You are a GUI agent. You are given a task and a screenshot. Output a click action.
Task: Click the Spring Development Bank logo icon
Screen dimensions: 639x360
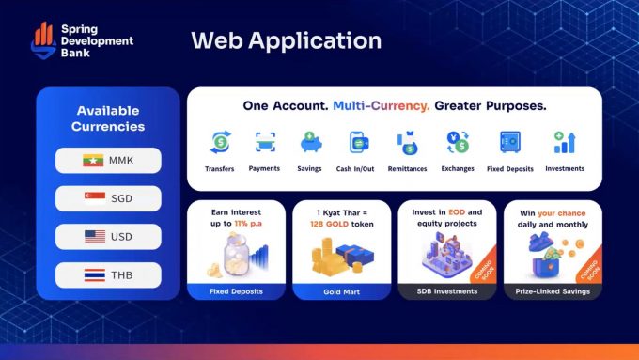pos(43,40)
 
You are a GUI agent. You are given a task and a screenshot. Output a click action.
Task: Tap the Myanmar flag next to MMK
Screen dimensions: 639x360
pos(93,160)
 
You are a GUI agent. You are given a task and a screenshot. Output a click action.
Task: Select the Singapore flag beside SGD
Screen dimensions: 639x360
pos(95,198)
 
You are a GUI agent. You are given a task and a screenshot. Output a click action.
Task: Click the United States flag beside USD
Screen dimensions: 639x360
pos(95,237)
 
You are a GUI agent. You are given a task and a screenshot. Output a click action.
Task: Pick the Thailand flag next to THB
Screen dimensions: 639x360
pos(95,275)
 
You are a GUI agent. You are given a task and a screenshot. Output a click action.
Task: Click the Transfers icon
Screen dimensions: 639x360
pos(221,142)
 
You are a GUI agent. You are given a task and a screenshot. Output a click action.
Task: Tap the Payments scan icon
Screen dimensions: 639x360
pos(265,142)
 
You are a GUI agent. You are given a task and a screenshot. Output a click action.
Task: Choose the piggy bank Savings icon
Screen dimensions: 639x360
pos(311,142)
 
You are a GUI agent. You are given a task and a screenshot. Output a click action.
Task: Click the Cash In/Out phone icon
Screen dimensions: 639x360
pos(359,142)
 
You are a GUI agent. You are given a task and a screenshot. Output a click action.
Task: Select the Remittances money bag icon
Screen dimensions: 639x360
pos(408,143)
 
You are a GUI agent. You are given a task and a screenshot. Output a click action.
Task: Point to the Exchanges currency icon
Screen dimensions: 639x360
pos(458,142)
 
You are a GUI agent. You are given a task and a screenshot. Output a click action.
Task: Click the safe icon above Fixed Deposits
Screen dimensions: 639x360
pos(510,142)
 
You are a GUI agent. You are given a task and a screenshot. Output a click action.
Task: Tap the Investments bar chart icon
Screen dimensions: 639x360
pos(565,142)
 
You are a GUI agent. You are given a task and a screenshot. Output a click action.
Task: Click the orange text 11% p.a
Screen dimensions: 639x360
pos(248,224)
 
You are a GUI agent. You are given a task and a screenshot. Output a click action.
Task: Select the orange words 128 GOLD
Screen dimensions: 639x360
pos(329,224)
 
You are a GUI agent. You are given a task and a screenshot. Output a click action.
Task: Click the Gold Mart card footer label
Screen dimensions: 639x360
pos(341,292)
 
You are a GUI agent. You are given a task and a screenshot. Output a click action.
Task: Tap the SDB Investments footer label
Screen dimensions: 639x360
pos(447,291)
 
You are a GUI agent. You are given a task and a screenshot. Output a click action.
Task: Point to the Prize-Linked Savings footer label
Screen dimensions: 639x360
pos(553,291)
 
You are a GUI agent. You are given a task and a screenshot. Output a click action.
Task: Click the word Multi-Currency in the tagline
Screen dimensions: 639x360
pos(382,106)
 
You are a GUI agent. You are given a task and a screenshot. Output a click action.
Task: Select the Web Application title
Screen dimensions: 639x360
pos(286,40)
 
